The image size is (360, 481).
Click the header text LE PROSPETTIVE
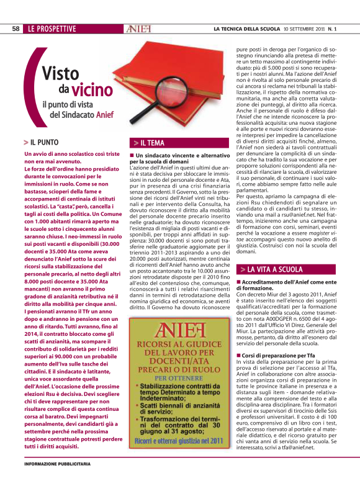(x=52, y=29)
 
